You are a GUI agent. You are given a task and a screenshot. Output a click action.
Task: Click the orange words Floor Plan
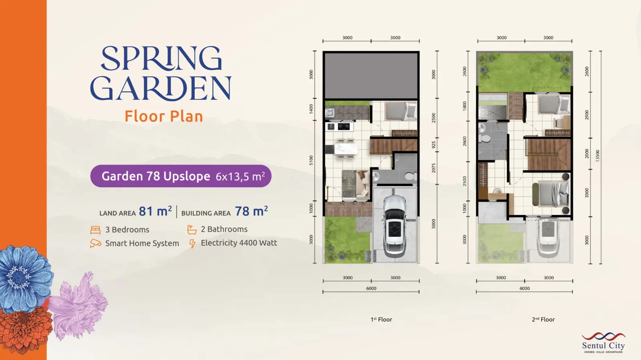(164, 117)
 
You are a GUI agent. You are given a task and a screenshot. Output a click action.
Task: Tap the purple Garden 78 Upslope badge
(181, 176)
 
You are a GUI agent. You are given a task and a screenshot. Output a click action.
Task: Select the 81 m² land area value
(155, 211)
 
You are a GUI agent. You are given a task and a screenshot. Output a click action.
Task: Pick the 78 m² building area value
(251, 211)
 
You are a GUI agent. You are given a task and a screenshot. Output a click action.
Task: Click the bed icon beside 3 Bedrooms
(95, 230)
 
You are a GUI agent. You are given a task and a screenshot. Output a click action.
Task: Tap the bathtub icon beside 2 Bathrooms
(192, 229)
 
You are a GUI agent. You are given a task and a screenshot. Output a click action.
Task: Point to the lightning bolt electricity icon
(192, 243)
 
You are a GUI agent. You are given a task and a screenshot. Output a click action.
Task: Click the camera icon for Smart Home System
(95, 243)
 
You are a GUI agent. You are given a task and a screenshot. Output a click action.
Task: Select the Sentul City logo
(603, 342)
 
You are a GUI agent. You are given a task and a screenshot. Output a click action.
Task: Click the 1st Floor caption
(381, 320)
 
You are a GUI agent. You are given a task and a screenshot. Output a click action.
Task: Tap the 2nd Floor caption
(543, 320)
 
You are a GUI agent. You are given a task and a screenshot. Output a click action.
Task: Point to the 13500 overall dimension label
(597, 155)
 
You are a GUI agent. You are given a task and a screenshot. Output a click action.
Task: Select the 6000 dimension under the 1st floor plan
(371, 288)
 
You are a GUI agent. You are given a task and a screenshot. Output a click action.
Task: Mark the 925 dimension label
(433, 145)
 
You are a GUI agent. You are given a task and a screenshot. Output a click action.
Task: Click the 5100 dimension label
(311, 160)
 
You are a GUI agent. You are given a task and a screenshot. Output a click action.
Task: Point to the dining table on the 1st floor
(346, 149)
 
